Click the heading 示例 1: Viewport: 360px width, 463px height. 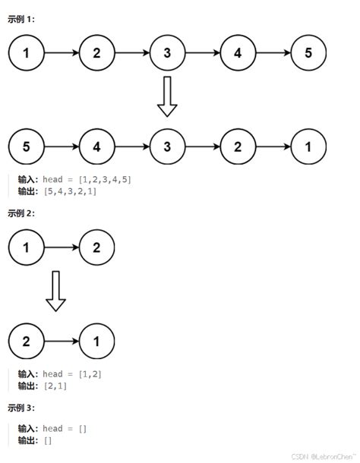(22, 19)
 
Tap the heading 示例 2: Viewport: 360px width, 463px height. (22, 213)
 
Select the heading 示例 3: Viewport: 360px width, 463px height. (22, 408)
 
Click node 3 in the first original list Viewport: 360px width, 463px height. (167, 53)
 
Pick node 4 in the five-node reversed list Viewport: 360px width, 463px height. (96, 146)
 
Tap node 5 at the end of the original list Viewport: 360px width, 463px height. (308, 53)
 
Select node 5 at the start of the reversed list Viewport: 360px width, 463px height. (27, 146)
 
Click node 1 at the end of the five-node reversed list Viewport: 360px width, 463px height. (308, 146)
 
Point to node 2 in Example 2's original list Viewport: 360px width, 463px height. (96, 247)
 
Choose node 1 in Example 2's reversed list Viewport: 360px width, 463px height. (96, 341)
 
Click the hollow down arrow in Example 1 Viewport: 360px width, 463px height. (167, 96)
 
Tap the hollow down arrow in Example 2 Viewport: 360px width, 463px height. (56, 292)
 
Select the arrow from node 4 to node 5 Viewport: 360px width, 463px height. (273, 53)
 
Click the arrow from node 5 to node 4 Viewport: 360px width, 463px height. (62, 146)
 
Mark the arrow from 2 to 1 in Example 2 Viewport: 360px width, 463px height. (62, 341)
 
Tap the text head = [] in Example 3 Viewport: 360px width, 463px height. (65, 429)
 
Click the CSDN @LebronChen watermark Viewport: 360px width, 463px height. (322, 457)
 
